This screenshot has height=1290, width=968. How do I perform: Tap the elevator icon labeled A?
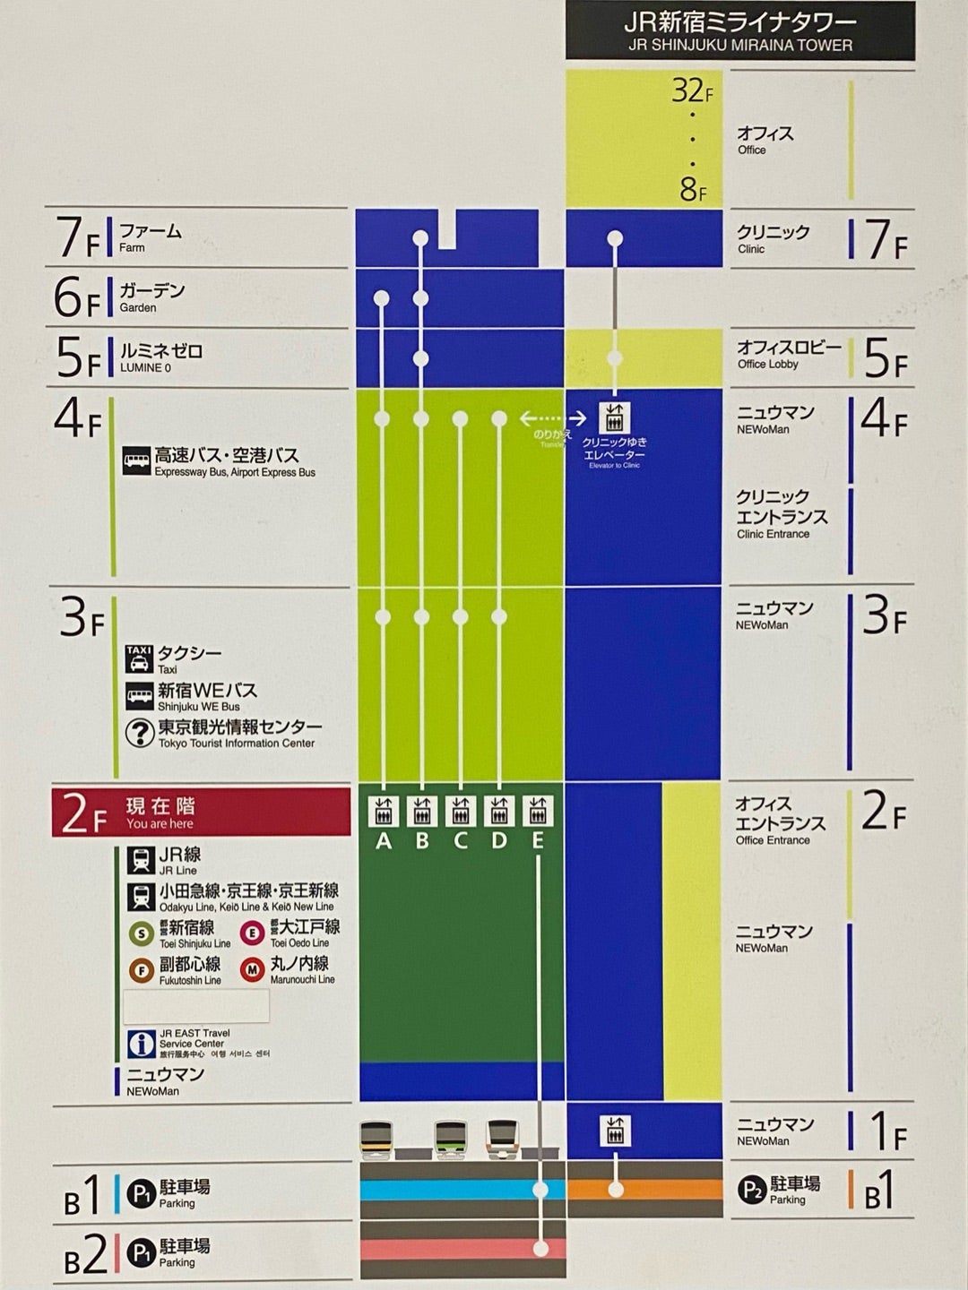click(383, 811)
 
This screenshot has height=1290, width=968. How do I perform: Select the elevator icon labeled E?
click(538, 811)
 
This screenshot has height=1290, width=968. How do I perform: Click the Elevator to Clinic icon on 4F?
click(615, 417)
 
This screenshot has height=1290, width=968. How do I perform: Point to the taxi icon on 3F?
click(139, 658)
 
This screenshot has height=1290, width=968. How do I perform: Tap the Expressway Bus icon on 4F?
click(137, 461)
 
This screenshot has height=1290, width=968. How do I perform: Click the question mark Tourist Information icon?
click(139, 733)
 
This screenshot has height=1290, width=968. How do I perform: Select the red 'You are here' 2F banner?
click(201, 813)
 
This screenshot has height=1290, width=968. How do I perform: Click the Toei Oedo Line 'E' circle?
click(253, 933)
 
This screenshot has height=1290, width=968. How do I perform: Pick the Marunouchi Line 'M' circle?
click(253, 969)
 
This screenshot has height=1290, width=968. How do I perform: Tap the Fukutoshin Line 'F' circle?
click(140, 970)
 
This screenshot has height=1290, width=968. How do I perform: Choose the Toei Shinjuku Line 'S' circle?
click(140, 933)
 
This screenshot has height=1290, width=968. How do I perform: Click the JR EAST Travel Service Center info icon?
click(141, 1044)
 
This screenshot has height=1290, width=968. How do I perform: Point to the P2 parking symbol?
click(750, 1190)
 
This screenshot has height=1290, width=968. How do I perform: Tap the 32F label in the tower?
click(692, 91)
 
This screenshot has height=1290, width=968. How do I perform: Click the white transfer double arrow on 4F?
click(553, 418)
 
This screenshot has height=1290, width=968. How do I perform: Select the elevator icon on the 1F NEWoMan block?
click(615, 1131)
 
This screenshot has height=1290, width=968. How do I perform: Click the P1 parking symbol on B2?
click(141, 1251)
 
